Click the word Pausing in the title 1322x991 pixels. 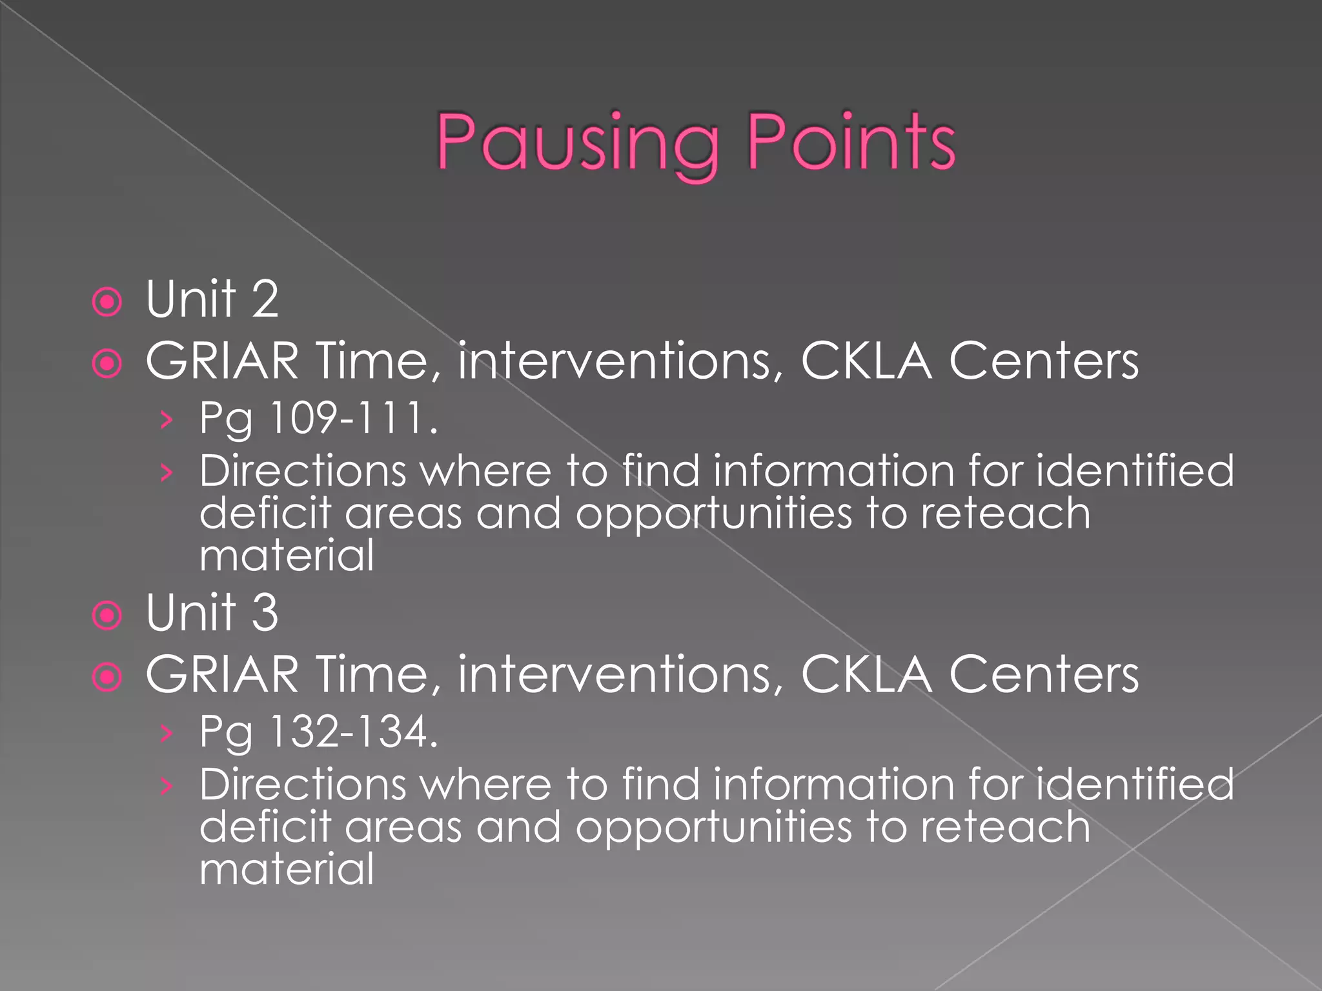click(578, 143)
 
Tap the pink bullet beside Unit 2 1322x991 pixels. click(107, 302)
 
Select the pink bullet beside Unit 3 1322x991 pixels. click(107, 616)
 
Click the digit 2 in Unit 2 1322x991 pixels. click(265, 299)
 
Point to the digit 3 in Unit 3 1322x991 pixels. click(265, 613)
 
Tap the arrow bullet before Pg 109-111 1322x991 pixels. click(167, 420)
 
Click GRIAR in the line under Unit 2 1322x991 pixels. click(222, 361)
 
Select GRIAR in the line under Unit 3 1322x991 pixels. click(222, 675)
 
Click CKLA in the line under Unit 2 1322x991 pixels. click(866, 361)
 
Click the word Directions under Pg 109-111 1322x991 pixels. click(303, 471)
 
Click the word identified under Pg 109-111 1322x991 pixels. click(1135, 471)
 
